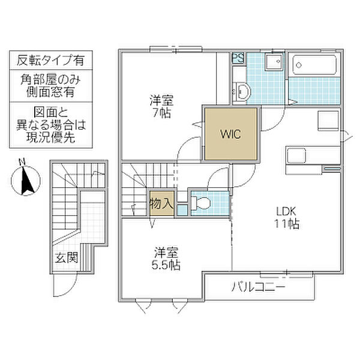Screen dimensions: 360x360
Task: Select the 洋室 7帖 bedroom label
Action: point(160,106)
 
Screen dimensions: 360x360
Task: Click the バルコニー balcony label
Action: point(259,288)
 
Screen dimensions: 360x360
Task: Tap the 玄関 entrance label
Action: point(67,259)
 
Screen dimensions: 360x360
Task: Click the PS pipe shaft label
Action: point(238,59)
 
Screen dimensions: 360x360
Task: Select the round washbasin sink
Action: point(242,91)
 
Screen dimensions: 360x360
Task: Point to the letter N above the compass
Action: point(22,161)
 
